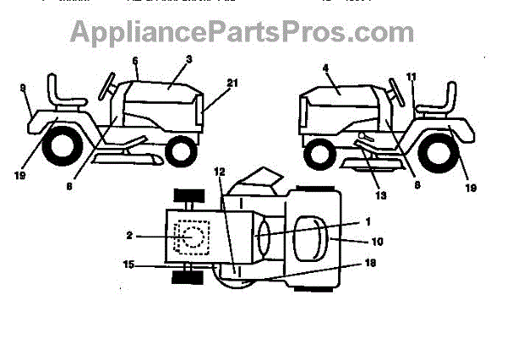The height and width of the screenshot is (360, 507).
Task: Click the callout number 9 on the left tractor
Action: pos(22,87)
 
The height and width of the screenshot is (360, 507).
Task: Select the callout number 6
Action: pos(134,61)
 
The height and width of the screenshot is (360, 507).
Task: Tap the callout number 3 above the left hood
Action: pos(189,60)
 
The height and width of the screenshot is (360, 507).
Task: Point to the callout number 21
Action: pos(232,82)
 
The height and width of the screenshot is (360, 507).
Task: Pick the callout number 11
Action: pos(412,77)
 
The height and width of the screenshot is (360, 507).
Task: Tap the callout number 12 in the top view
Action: pos(219,172)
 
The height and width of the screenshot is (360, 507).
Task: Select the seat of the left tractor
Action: pos(64,92)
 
